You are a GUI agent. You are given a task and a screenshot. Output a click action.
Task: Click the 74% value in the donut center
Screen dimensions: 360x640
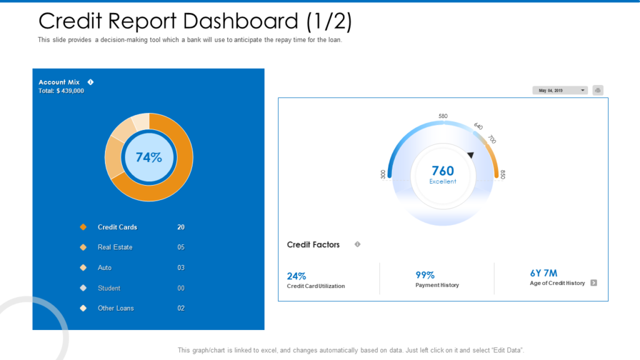pos(148,157)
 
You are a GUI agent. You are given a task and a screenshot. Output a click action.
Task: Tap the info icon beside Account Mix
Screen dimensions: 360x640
pos(91,82)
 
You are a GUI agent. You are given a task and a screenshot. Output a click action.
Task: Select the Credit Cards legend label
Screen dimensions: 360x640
pos(117,227)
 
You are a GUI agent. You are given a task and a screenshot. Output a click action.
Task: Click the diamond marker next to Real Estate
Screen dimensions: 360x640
pos(83,247)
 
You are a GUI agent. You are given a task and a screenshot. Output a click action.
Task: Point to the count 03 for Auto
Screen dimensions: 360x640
pos(181,267)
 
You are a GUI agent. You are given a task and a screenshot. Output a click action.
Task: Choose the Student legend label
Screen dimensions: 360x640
pos(109,288)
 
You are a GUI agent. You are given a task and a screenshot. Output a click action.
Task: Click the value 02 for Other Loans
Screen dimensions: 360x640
pos(181,308)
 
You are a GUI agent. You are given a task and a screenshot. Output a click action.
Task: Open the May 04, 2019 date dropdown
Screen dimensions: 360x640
pos(560,91)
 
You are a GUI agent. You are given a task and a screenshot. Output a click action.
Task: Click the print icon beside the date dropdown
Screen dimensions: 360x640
pos(597,91)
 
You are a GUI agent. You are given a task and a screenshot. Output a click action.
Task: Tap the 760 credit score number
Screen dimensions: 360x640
pos(442,171)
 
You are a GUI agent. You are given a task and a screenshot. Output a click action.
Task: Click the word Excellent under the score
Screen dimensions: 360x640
pos(442,182)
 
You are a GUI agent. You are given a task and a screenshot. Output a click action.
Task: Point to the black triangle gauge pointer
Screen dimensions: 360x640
pos(471,154)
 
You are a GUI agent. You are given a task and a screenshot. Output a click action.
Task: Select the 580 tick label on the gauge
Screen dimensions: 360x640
pos(443,116)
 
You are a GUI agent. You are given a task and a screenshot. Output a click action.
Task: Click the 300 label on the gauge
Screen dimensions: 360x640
pos(383,174)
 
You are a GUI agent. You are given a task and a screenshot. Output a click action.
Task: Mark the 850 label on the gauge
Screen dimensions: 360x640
pos(502,174)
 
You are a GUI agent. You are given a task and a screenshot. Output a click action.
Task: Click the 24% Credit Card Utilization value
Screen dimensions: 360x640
pos(296,276)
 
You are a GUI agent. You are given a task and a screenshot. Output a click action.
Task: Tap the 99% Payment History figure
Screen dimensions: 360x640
pos(425,275)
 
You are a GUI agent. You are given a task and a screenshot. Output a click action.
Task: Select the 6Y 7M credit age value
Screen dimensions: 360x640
pos(543,273)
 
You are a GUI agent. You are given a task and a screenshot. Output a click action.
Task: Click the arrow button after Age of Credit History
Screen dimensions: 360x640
pos(594,283)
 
